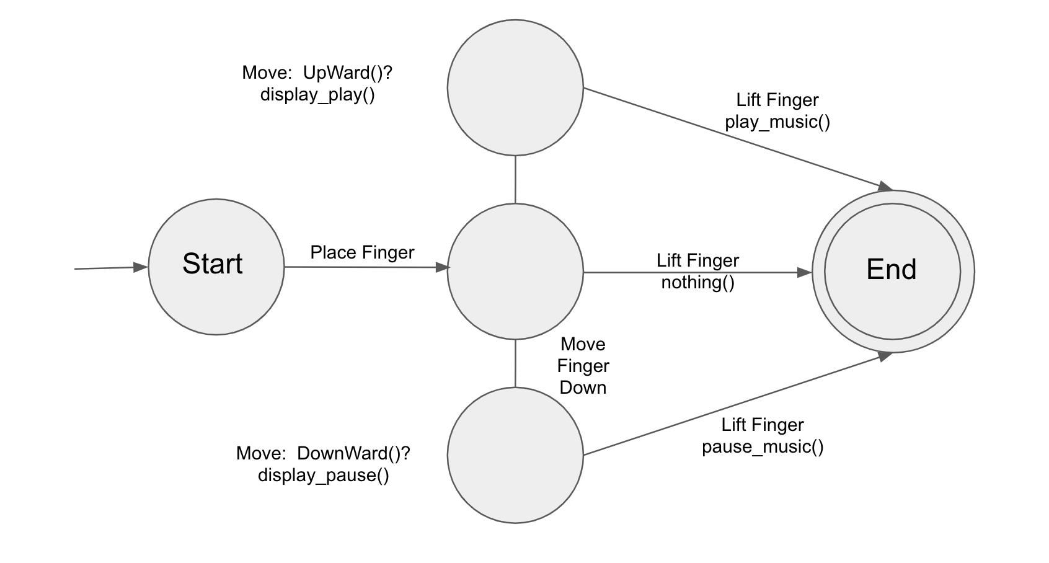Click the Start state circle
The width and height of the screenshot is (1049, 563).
pos(216,267)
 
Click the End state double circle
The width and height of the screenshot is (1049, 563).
pos(893,271)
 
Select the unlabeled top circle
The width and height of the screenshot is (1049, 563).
pos(515,87)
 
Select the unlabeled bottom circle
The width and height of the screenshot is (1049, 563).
pos(515,455)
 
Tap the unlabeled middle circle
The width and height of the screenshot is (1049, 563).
pos(515,271)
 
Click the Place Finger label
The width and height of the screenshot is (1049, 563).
pos(362,252)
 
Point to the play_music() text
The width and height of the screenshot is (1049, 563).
pos(777,122)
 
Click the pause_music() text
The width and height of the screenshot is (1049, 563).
pos(763,446)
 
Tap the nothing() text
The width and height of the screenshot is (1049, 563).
pos(697,283)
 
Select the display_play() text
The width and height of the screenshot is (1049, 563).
pos(317,95)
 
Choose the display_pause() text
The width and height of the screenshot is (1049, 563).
pos(324,476)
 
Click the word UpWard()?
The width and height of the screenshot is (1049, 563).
pos(348,73)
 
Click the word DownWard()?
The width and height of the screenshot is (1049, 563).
pos(353,453)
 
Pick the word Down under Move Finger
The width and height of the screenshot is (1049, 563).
pos(583,388)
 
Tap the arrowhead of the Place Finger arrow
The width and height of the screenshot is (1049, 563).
pos(443,267)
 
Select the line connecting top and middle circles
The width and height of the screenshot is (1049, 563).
pos(515,179)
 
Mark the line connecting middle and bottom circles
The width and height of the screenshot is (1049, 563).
pos(515,363)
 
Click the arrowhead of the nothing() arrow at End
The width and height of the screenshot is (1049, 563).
pos(805,272)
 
